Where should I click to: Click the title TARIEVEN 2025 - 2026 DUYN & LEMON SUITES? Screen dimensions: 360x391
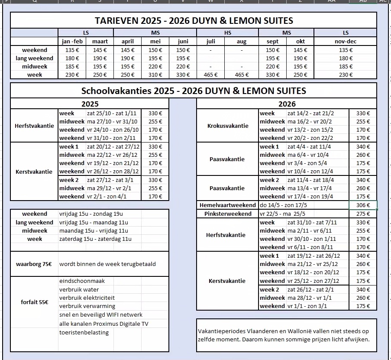[194, 20]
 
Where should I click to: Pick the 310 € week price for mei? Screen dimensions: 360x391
[155, 75]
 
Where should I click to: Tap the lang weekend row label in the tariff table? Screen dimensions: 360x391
[34, 58]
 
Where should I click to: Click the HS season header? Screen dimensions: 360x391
[227, 33]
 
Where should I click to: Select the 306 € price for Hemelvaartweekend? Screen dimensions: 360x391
[363, 205]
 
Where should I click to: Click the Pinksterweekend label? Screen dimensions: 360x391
[228, 214]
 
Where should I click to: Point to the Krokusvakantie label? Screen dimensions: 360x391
[228, 126]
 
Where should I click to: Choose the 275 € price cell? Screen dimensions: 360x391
[363, 214]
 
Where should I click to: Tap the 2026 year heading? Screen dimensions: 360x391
[287, 104]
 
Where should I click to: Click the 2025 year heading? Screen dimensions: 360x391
[90, 104]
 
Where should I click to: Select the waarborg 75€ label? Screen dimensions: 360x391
[34, 264]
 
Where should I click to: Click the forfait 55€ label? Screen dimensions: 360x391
[34, 302]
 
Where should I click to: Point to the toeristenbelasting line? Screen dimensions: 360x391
[84, 333]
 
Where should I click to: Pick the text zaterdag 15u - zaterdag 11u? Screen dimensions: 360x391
[95, 239]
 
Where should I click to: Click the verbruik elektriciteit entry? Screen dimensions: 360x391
[87, 298]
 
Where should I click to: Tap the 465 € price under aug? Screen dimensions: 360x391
[242, 75]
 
